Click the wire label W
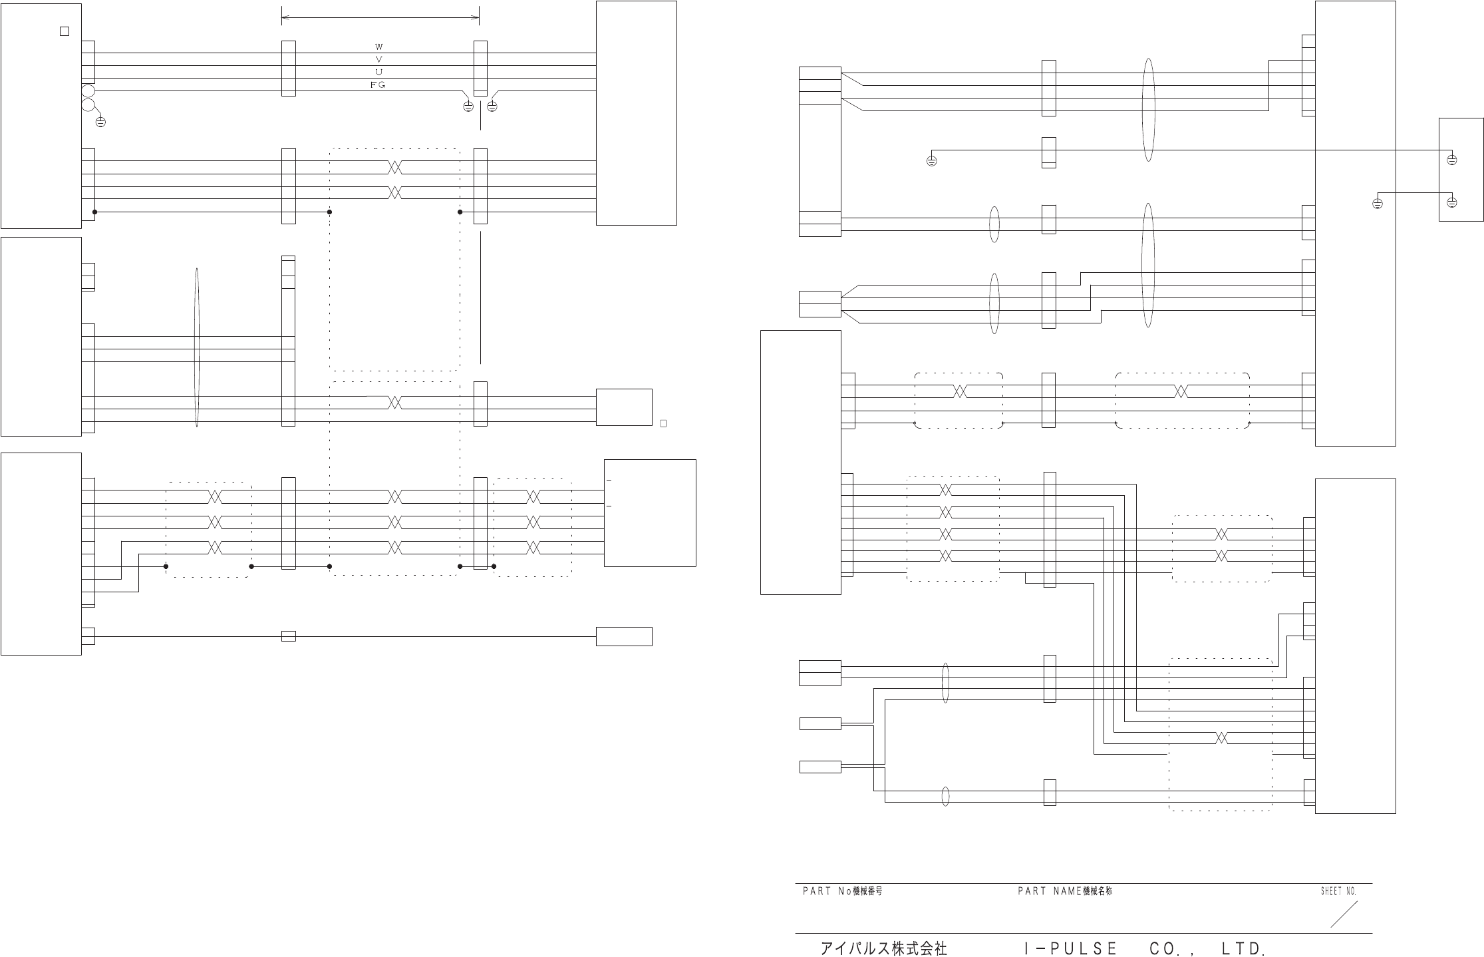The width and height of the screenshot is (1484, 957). tap(378, 47)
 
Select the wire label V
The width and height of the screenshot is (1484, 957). tap(378, 59)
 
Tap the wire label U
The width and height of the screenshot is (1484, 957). tap(378, 72)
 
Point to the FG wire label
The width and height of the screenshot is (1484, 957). tap(378, 85)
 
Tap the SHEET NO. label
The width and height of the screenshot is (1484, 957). tap(1338, 891)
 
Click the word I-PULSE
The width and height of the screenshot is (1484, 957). tap(1071, 948)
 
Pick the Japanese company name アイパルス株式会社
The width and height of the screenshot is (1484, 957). tap(883, 948)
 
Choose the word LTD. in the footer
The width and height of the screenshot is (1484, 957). tap(1243, 948)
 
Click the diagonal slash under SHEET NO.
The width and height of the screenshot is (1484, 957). tap(1344, 914)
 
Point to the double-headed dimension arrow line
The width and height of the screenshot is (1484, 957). tap(380, 17)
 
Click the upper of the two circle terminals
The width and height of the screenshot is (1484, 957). tap(88, 91)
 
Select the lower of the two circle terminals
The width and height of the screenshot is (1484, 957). tap(88, 104)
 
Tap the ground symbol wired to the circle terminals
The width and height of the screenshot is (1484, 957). tap(100, 122)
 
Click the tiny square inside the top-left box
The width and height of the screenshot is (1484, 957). tap(65, 31)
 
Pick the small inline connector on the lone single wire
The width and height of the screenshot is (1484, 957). tap(288, 636)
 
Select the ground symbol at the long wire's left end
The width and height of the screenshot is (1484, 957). tap(931, 160)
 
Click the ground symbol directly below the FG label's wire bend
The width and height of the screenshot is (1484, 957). tap(468, 106)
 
